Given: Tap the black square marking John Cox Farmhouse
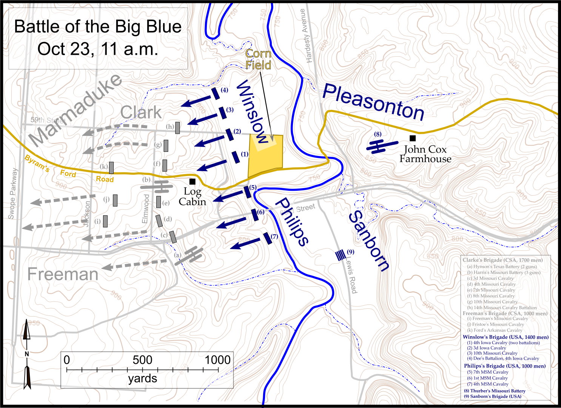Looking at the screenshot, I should click(413, 138).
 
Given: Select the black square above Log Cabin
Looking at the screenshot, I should click(193, 182).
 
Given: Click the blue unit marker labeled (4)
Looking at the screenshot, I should click(216, 93).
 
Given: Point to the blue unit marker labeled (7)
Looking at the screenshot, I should click(268, 238).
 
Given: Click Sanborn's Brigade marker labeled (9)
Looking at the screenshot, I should click(341, 255).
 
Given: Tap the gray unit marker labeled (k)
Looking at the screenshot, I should click(111, 167).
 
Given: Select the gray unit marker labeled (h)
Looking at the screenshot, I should click(177, 128).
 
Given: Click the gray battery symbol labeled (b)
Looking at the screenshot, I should click(158, 186).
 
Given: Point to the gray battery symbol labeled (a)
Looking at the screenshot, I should click(191, 255).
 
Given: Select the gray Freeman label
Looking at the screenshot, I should click(63, 274).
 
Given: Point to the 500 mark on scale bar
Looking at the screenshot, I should click(142, 360).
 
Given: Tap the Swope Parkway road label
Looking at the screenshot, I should click(12, 194).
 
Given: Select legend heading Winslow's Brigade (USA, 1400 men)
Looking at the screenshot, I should click(506, 337).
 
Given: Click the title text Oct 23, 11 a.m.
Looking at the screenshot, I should click(98, 49).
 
